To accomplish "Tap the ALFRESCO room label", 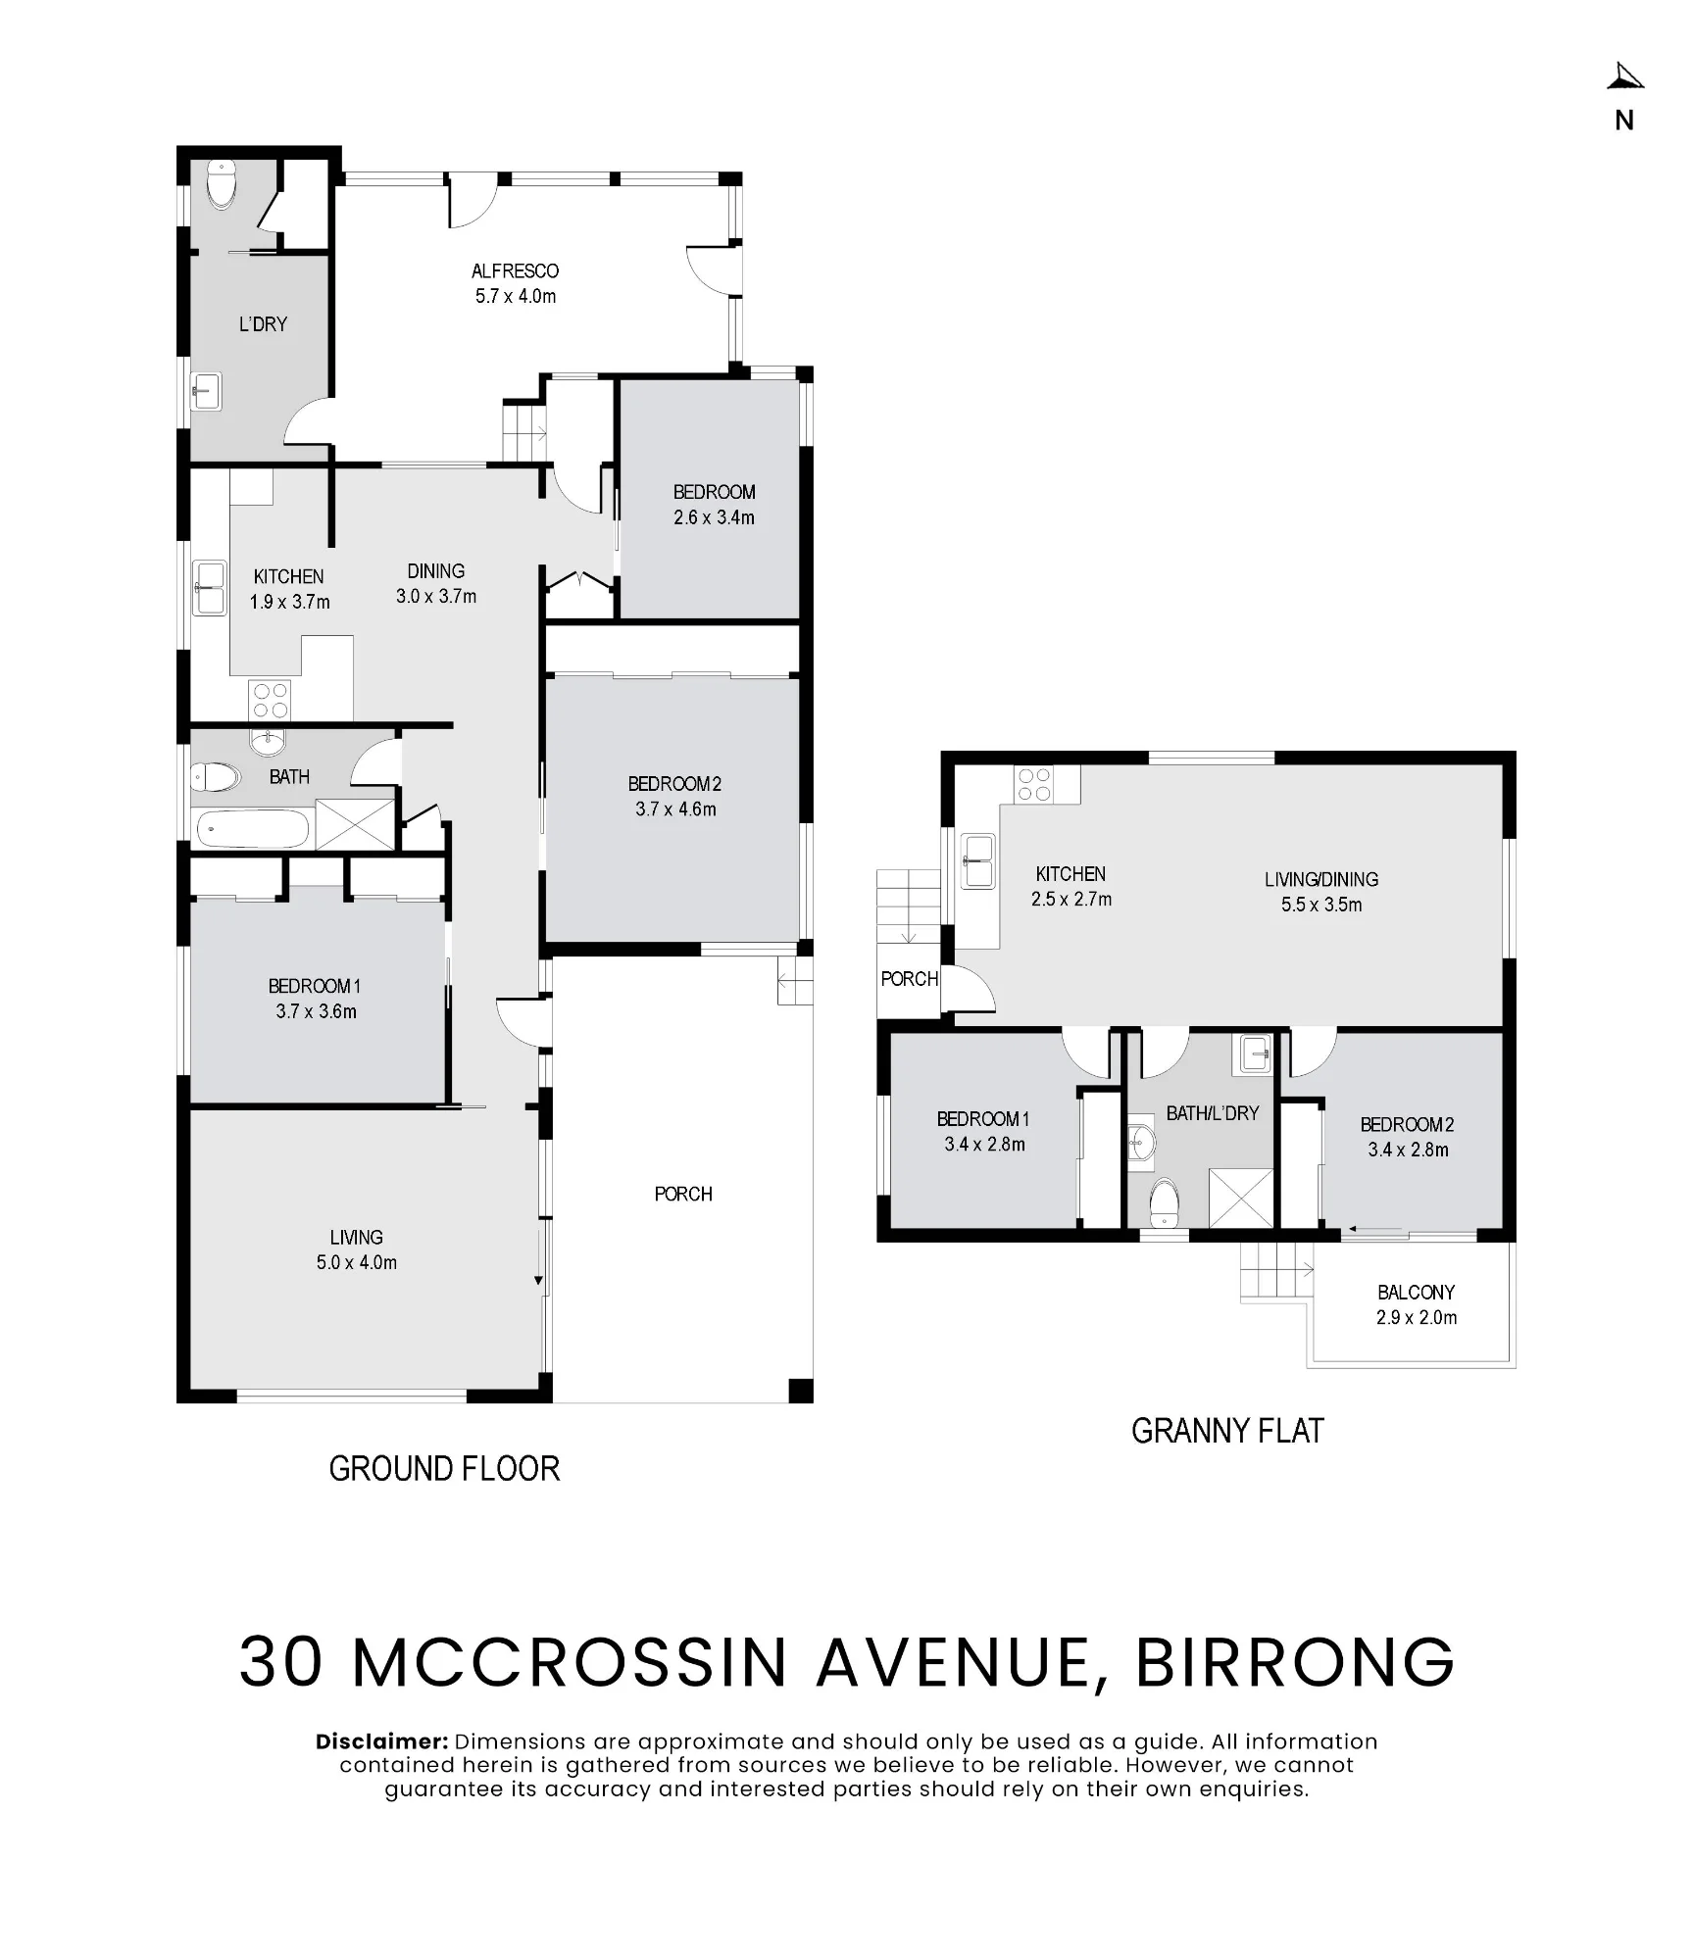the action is click(515, 271).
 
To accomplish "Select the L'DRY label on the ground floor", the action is click(263, 324).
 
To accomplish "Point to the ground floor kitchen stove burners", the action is click(270, 700).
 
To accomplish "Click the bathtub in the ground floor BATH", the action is click(253, 829).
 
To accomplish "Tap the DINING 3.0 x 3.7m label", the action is click(436, 584).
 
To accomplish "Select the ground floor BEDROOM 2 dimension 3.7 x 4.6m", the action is click(675, 809).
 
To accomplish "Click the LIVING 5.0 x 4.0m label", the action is click(356, 1250).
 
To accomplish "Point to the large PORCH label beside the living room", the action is click(683, 1195).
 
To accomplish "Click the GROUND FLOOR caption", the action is click(444, 1469).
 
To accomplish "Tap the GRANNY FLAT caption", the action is click(1227, 1432).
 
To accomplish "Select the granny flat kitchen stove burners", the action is click(1034, 784).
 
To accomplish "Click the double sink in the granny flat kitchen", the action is click(978, 860).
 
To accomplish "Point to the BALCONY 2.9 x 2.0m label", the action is click(1416, 1305).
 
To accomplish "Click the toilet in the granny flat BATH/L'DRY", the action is click(1164, 1202).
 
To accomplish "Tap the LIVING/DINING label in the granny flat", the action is click(1321, 880).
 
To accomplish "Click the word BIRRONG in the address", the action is click(1294, 1662).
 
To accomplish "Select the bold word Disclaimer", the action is click(382, 1741).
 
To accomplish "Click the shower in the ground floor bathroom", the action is click(354, 824).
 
